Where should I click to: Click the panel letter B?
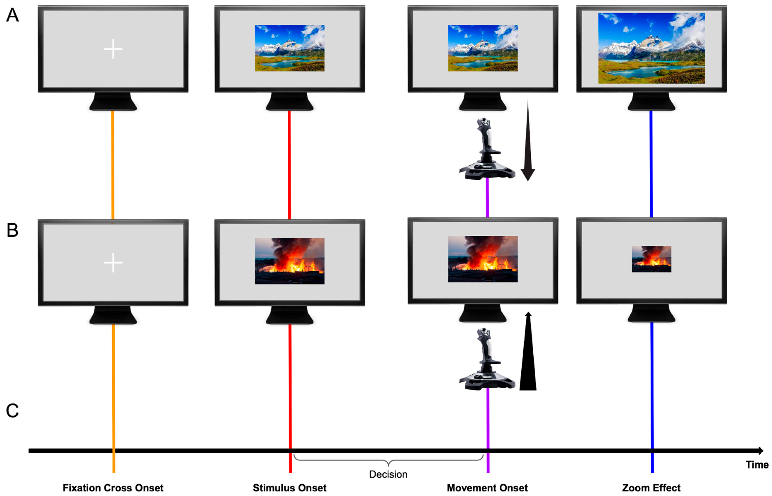coord(13,231)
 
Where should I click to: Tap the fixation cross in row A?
coord(113,49)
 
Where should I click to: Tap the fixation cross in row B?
coord(113,263)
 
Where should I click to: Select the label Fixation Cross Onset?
coord(113,488)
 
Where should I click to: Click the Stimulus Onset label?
coord(289,488)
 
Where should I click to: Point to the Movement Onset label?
coord(487,488)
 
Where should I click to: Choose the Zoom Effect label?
coord(651,488)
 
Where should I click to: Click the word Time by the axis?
coord(757,465)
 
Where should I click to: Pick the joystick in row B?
coord(486,359)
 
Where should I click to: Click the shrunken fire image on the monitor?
coord(651,259)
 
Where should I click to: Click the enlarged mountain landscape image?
coord(651,48)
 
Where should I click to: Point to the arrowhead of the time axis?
coord(761,451)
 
